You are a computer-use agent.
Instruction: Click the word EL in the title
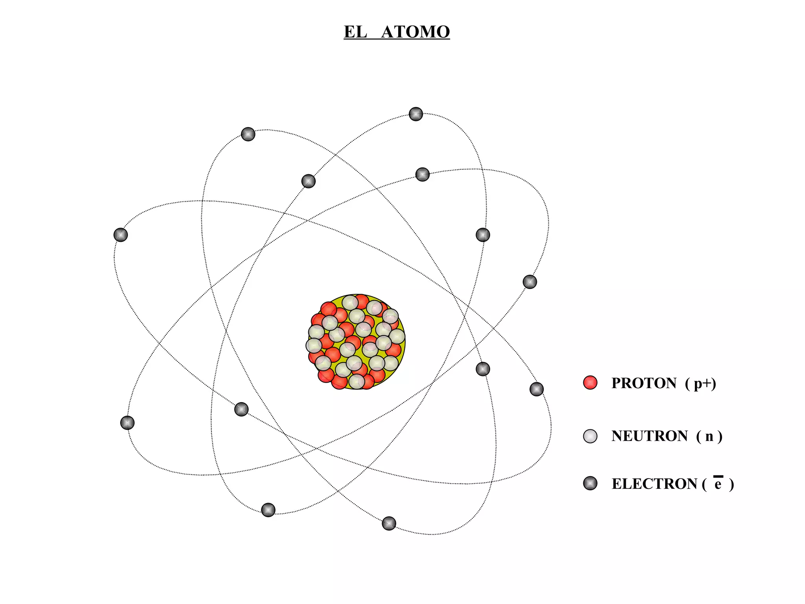coord(355,32)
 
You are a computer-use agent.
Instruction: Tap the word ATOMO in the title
coord(415,32)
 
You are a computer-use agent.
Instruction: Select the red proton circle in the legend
coord(590,383)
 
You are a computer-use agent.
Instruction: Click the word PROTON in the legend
coord(644,383)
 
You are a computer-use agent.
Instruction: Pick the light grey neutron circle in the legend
coord(590,436)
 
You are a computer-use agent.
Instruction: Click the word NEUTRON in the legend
coord(649,436)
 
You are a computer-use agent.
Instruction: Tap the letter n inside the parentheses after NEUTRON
coord(709,436)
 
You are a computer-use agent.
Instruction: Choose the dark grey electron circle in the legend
coord(590,483)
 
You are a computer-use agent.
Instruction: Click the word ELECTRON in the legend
coord(654,484)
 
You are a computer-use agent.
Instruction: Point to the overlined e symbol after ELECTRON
coord(718,484)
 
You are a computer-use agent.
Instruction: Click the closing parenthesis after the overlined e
coord(731,484)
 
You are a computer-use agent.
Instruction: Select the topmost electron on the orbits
coord(416,114)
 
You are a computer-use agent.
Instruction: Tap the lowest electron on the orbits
coord(389,523)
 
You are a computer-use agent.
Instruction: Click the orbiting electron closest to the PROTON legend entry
coord(537,389)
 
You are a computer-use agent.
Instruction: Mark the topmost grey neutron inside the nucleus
coord(349,302)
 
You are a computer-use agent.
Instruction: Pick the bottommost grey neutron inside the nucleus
coord(357,381)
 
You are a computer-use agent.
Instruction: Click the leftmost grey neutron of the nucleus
coord(314,346)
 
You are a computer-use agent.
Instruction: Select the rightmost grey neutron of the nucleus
coord(397,337)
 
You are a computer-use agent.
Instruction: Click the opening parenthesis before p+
coord(687,383)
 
